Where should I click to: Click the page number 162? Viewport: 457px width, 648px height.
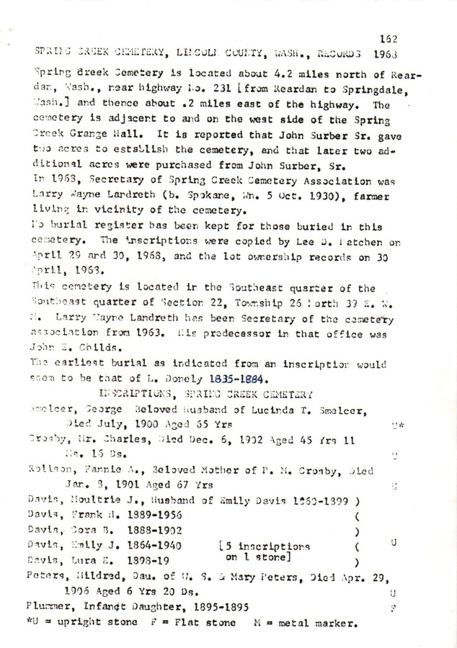tap(388, 40)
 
